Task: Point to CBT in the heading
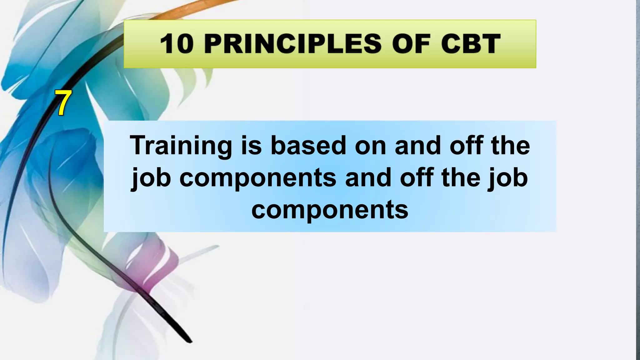(471, 44)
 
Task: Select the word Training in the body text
(181, 146)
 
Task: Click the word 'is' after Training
(251, 146)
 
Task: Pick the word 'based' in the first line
(308, 146)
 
